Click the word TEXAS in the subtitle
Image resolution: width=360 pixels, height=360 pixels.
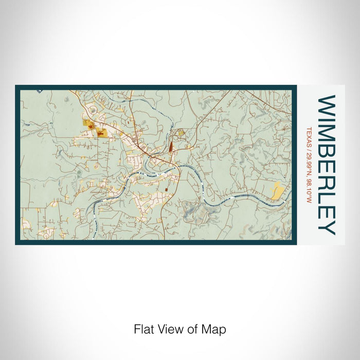tap(309, 135)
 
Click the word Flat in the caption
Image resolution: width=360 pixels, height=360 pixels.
tap(142, 329)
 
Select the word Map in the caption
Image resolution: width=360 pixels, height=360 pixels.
tap(215, 329)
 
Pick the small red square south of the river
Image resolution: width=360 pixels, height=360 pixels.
tap(166, 190)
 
